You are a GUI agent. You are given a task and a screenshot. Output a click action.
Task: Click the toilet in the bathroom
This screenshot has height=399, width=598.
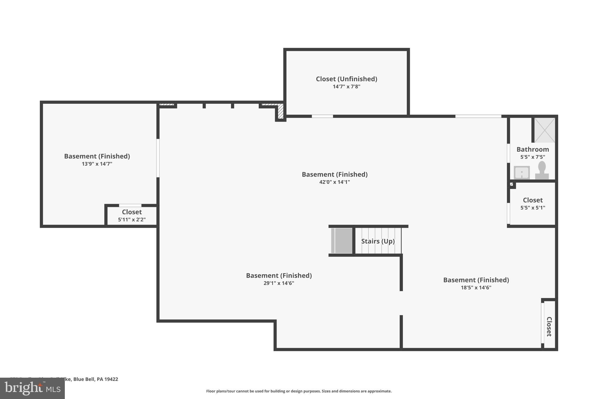tap(542, 170)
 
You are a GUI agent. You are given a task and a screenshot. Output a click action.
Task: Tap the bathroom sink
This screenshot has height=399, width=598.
tap(521, 172)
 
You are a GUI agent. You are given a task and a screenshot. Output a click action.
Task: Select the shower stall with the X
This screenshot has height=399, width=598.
tap(545, 130)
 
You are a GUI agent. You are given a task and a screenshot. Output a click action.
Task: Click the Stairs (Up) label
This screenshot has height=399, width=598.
tap(378, 241)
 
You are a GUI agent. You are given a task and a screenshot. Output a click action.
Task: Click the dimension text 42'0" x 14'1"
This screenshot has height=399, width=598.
tap(334, 182)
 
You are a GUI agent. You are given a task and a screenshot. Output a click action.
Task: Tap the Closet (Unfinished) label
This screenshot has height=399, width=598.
tap(346, 79)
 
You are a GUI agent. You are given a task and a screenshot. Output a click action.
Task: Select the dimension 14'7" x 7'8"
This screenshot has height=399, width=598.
tap(346, 87)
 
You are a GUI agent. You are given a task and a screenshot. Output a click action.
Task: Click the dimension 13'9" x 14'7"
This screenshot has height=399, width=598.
tap(97, 164)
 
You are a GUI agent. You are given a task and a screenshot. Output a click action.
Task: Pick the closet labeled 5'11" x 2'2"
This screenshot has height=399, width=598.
tap(132, 216)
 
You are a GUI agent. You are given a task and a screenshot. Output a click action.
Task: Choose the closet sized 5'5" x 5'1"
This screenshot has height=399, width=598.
tap(533, 204)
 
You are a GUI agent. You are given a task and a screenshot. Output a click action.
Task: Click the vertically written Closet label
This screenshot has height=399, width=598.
tap(549, 327)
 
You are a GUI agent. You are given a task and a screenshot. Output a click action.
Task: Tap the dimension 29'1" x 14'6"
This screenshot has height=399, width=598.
tap(279, 283)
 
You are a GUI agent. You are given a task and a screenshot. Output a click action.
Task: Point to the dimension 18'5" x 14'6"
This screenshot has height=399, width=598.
tap(476, 288)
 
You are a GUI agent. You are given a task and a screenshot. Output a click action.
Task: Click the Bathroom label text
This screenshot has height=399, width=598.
tap(533, 149)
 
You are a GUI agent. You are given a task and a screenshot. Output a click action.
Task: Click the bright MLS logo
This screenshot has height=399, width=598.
tap(32, 388)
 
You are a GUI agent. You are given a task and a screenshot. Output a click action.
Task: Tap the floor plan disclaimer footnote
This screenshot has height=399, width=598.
tap(299, 391)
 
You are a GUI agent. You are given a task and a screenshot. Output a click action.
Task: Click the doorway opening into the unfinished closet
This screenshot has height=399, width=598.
tap(322, 116)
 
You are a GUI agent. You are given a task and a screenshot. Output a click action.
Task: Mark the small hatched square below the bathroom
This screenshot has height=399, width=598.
tap(511, 184)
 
